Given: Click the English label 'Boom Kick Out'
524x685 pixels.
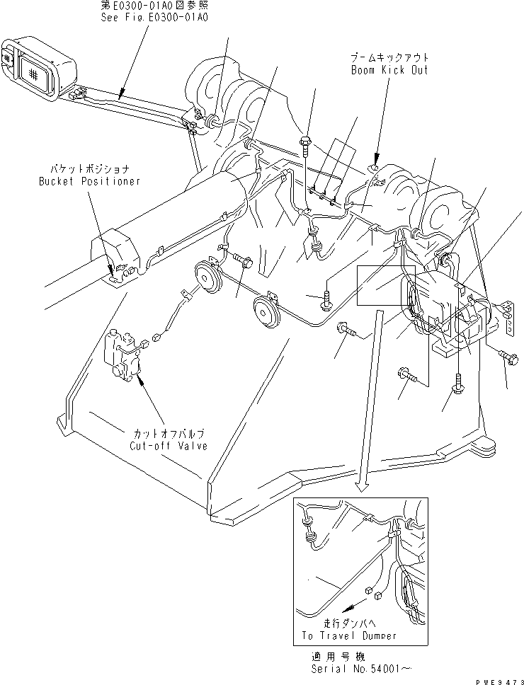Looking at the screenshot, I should point(389,71).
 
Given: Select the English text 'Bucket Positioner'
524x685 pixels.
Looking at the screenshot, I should point(89,181).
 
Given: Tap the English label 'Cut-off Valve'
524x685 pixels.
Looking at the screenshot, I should point(168,447).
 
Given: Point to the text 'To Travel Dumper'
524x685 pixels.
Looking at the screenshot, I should point(349,635).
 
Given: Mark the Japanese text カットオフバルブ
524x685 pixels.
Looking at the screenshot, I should point(168,434).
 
